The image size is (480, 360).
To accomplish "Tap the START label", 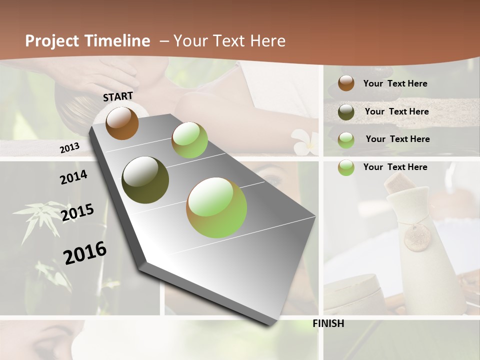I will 118,96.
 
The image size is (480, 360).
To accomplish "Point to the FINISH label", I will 328,323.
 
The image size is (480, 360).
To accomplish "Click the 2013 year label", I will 69,148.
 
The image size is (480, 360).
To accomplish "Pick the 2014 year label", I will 73,177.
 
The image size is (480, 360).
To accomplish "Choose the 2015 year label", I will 77,212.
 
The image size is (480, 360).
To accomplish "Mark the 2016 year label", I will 85,253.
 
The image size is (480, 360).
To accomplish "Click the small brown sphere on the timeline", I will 122,123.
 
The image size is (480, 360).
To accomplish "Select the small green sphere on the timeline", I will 189,140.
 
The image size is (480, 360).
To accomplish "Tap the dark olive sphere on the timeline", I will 145,180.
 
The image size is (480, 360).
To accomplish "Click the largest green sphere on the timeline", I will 216,207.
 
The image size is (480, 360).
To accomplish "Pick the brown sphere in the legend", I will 346,83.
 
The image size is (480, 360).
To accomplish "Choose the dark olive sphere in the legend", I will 346,112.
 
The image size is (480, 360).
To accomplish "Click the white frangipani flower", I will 304,140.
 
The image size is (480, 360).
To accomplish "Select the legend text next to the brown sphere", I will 395,83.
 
